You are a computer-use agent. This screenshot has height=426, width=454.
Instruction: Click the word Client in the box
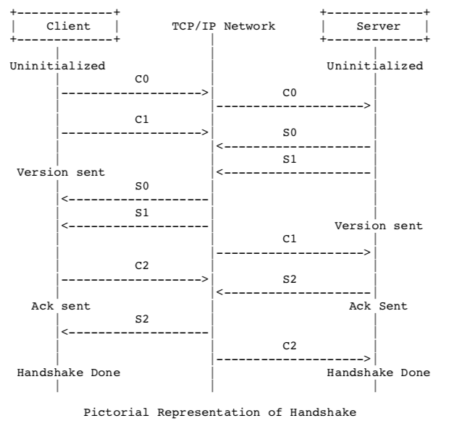click(x=68, y=26)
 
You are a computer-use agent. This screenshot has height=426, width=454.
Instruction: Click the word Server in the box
click(x=379, y=26)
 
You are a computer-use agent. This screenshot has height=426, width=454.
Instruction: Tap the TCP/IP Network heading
click(x=224, y=26)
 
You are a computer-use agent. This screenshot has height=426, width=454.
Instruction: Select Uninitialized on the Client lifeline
click(x=57, y=66)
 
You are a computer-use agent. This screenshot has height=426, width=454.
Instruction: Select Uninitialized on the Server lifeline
click(x=375, y=66)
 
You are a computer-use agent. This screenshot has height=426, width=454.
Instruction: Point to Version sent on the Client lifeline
click(x=61, y=172)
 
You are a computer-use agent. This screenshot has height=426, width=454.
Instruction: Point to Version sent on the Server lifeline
click(x=379, y=226)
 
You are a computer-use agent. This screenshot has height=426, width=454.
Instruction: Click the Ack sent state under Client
click(x=61, y=306)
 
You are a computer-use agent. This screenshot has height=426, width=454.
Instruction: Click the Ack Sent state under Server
click(x=379, y=306)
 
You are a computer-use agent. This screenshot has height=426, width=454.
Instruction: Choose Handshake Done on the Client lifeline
click(x=69, y=372)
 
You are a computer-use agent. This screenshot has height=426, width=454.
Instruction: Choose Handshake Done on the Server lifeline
click(x=379, y=372)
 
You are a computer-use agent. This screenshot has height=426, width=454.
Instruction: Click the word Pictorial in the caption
click(x=116, y=412)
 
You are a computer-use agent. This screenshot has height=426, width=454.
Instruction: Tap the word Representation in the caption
click(x=209, y=412)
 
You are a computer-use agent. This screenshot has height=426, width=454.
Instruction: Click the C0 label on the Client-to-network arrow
click(x=142, y=79)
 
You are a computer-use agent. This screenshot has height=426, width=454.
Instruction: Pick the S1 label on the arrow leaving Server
click(x=290, y=159)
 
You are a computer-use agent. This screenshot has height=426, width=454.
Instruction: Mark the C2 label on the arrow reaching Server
click(x=290, y=346)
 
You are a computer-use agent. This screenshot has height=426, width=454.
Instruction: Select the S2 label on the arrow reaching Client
click(x=142, y=319)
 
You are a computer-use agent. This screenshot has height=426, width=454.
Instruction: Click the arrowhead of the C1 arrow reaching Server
click(x=367, y=252)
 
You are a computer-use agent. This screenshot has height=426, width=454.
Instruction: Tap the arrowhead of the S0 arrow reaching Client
click(x=65, y=200)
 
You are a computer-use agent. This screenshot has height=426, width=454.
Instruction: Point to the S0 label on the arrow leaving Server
click(x=290, y=132)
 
